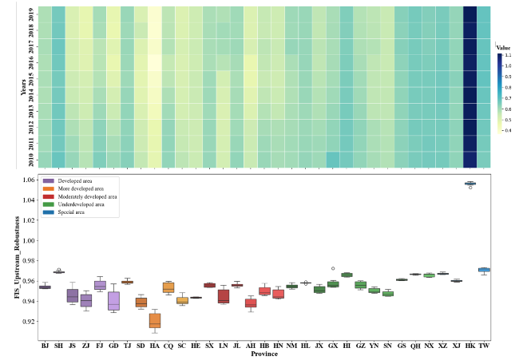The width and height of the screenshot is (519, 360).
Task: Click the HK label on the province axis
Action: pyautogui.click(x=469, y=346)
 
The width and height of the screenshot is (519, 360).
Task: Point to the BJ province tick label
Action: pyautogui.click(x=46, y=346)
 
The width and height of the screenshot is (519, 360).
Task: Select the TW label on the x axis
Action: pyautogui.click(x=484, y=346)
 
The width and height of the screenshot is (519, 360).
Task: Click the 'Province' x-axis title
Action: pyautogui.click(x=264, y=354)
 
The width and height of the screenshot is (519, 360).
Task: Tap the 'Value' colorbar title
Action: pyautogui.click(x=503, y=48)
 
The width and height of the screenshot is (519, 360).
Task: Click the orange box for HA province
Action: pyautogui.click(x=154, y=320)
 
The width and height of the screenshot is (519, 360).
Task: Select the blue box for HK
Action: pyautogui.click(x=469, y=184)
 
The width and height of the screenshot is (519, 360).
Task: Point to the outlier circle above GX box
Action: pyautogui.click(x=333, y=268)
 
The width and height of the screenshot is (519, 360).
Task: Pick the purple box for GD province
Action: pyautogui.click(x=113, y=301)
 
